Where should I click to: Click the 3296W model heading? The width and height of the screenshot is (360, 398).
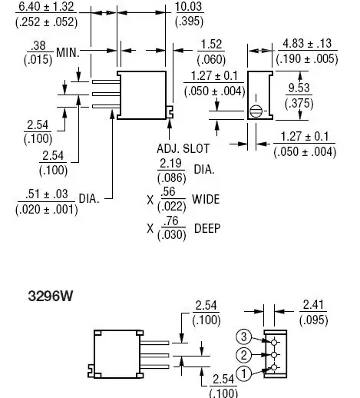(x=50, y=296)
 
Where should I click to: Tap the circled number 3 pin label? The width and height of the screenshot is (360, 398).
(x=243, y=337)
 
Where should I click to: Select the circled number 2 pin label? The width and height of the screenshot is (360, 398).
(x=243, y=355)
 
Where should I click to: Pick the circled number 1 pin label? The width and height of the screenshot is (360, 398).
(x=243, y=373)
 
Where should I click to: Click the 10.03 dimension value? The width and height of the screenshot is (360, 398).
(x=189, y=6)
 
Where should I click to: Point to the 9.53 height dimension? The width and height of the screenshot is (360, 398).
(x=299, y=88)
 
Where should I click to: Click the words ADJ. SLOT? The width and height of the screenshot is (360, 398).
(x=183, y=148)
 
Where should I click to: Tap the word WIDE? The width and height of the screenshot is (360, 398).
(x=206, y=199)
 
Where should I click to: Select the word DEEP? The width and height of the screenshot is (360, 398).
(x=207, y=228)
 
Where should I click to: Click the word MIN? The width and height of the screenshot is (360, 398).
(x=68, y=52)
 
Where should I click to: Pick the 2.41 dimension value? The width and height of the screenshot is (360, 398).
(x=313, y=305)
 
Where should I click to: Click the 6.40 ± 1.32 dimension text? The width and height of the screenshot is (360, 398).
(x=46, y=6)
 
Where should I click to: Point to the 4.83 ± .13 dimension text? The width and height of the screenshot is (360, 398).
(x=307, y=43)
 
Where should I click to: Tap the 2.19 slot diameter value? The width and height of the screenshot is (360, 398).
(x=170, y=163)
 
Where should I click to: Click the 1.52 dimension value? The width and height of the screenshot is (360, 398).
(x=211, y=45)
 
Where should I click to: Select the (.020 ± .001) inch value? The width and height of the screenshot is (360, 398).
(x=47, y=210)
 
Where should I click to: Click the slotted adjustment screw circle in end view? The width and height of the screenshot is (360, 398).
(x=256, y=111)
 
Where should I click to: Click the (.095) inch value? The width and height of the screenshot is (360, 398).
(x=314, y=320)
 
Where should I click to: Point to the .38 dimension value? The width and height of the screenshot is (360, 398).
(x=38, y=45)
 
